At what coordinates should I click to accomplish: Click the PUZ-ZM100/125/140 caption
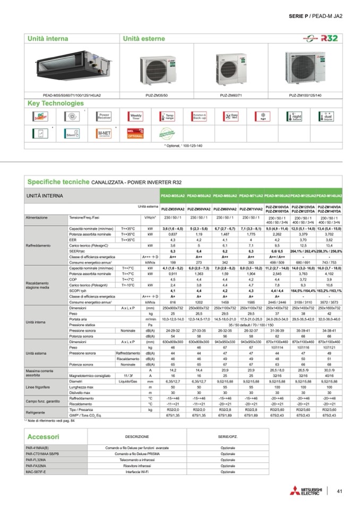(305, 95)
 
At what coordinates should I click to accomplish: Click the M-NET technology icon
(104, 133)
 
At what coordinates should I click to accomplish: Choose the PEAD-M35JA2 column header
(172, 196)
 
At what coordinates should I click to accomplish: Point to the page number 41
(339, 491)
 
